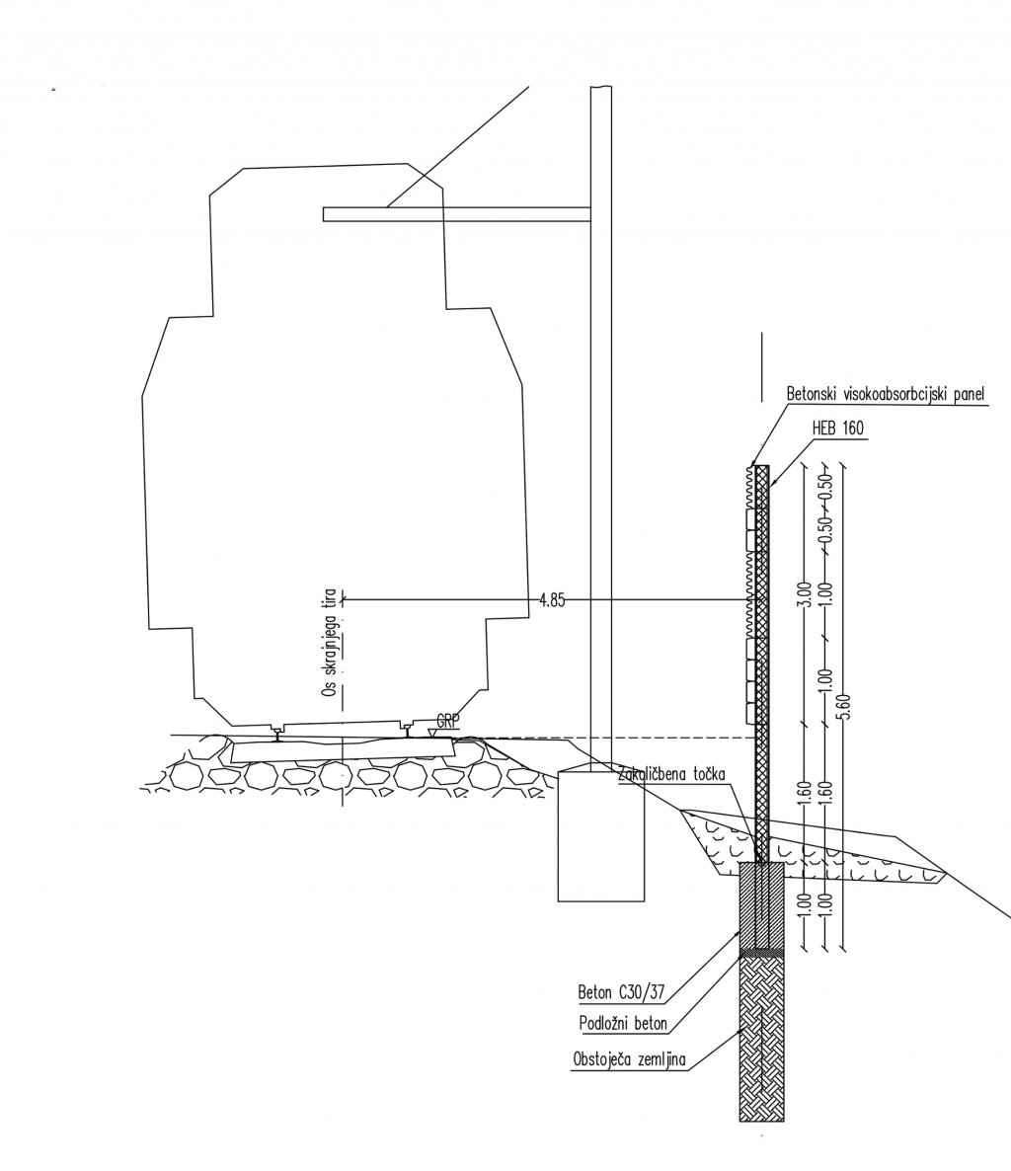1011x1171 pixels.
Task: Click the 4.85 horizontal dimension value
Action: pyautogui.click(x=552, y=599)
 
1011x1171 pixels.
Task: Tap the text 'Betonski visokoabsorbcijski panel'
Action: pyautogui.click(x=886, y=393)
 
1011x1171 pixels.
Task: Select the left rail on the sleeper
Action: pyautogui.click(x=280, y=732)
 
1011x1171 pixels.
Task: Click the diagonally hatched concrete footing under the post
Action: pyautogui.click(x=763, y=903)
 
